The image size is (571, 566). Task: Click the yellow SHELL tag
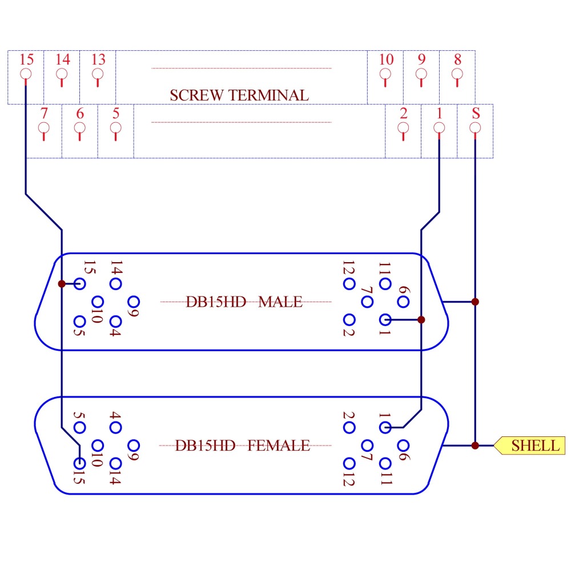pos(530,445)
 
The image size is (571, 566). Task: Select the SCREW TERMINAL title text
pos(239,95)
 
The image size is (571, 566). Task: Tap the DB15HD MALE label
pos(244,302)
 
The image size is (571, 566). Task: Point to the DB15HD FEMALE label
pos(243,445)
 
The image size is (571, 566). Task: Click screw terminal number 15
pos(26,59)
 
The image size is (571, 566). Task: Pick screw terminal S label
pos(476,113)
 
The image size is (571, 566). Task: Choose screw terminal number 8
pos(457,59)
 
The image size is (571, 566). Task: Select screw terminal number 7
pos(44,113)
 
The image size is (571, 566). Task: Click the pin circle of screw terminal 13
pos(98,74)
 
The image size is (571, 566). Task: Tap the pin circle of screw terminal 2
pos(403,127)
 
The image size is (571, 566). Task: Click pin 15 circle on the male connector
pos(80,283)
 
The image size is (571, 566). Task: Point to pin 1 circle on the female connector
pos(385,427)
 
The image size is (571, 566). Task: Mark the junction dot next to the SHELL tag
pos(475,445)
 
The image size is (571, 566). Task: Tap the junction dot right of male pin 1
pos(421,319)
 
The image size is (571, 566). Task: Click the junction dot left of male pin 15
pos(61,283)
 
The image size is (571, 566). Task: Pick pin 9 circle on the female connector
pos(134,445)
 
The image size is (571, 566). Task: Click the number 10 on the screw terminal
pos(386,59)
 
